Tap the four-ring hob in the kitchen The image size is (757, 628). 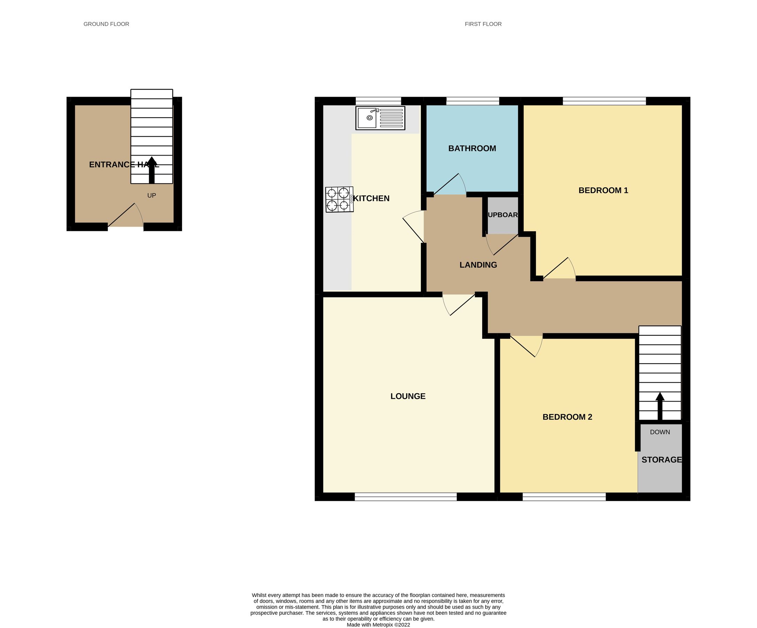(x=339, y=199)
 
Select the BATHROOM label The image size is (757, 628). (x=472, y=148)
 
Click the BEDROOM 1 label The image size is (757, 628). (x=603, y=190)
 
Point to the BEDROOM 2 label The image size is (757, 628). (x=567, y=417)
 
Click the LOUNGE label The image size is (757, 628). (x=408, y=396)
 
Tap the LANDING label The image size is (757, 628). (x=478, y=265)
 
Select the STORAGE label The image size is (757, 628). (x=661, y=459)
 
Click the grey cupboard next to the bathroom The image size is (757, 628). (x=502, y=215)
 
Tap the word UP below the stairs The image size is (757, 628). (x=151, y=195)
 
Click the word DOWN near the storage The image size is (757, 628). (x=660, y=432)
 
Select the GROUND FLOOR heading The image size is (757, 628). (x=106, y=24)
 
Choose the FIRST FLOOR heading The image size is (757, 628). (x=483, y=24)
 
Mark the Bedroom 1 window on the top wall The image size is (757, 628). (x=604, y=101)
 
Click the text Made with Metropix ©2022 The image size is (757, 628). (x=378, y=625)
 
